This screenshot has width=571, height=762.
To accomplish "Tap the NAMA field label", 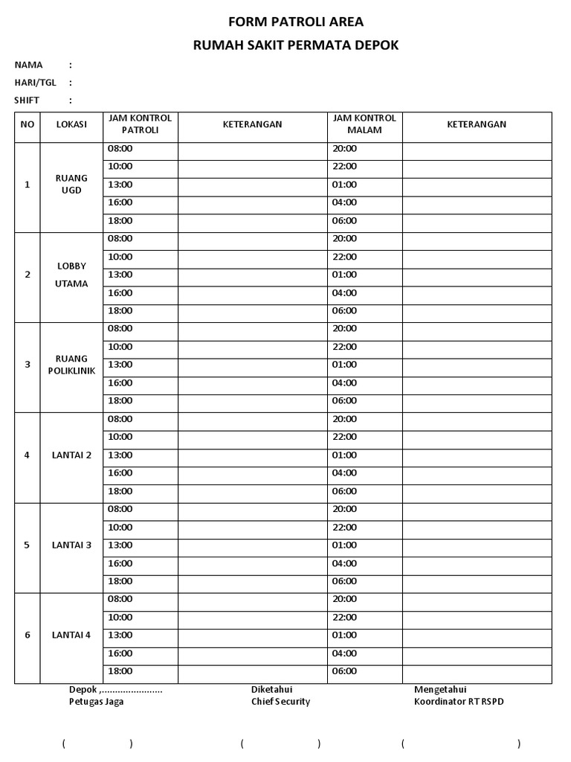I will click(x=28, y=65).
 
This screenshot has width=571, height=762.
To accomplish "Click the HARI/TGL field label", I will click(x=35, y=83).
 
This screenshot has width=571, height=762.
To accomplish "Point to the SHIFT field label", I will click(x=27, y=100).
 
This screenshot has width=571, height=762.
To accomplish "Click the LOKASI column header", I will click(x=71, y=124).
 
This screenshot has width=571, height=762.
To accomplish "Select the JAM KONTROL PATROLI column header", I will click(x=140, y=124).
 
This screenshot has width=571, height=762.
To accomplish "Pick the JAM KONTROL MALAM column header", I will click(x=364, y=124).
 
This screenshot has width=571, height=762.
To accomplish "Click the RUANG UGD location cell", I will click(x=71, y=184).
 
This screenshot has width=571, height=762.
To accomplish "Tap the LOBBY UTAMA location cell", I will click(x=71, y=275).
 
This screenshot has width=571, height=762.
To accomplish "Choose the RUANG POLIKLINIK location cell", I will click(x=71, y=365).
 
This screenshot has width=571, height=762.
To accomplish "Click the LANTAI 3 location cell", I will click(x=71, y=545).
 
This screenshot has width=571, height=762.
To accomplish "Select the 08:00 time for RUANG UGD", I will click(x=120, y=148).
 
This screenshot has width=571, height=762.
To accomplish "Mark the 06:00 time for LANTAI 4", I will click(x=344, y=671).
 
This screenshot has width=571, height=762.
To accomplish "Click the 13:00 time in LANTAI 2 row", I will click(x=120, y=455).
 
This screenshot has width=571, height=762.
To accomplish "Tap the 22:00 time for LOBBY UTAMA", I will click(x=344, y=257).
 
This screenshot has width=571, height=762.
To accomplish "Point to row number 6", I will click(x=28, y=635).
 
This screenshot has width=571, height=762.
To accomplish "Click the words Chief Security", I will click(x=280, y=702).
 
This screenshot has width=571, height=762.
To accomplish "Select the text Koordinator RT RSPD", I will click(x=459, y=702).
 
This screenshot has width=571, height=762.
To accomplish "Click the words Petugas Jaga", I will click(x=97, y=702).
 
